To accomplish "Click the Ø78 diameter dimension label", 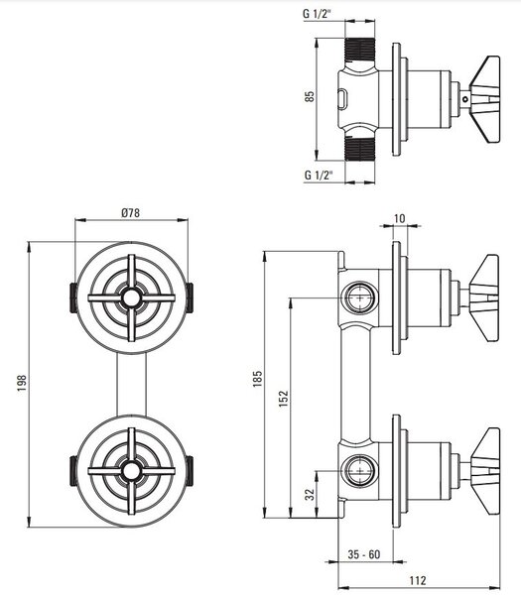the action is [x=131, y=213].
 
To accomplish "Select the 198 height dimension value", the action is [x=22, y=383].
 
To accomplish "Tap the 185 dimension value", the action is [x=257, y=379].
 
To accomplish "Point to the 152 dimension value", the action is [x=284, y=399].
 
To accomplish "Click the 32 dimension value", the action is [x=311, y=495].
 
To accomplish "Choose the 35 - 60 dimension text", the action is [x=364, y=554].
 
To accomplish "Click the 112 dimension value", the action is [x=418, y=580].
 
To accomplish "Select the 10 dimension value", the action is [x=400, y=219].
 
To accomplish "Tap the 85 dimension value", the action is [x=310, y=96].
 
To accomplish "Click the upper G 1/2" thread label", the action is [x=318, y=14].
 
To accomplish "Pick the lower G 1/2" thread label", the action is [x=319, y=175].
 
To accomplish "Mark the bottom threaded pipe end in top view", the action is [x=359, y=149].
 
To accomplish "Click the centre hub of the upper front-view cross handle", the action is [x=131, y=297].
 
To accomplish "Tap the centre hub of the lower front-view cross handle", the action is [x=131, y=471].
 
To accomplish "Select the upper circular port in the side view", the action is [x=359, y=297].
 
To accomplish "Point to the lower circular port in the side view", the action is [x=359, y=470].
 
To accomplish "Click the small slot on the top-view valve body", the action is [x=342, y=99].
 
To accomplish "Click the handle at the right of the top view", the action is [x=485, y=99].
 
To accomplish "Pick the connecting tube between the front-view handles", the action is [x=131, y=384].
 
